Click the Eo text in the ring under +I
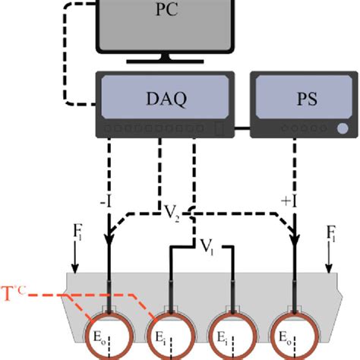(286, 342)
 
